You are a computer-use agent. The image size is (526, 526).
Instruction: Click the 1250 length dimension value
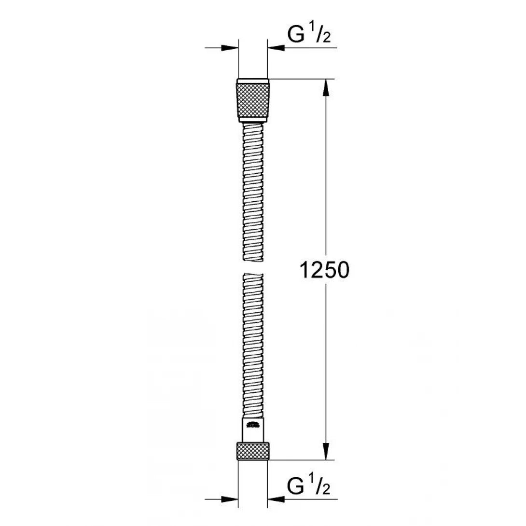tap(324, 271)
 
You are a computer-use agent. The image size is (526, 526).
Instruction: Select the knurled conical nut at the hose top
tap(253, 99)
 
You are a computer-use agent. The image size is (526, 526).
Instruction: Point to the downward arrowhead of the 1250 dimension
tap(327, 451)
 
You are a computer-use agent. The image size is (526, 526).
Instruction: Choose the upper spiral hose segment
tap(253, 193)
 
